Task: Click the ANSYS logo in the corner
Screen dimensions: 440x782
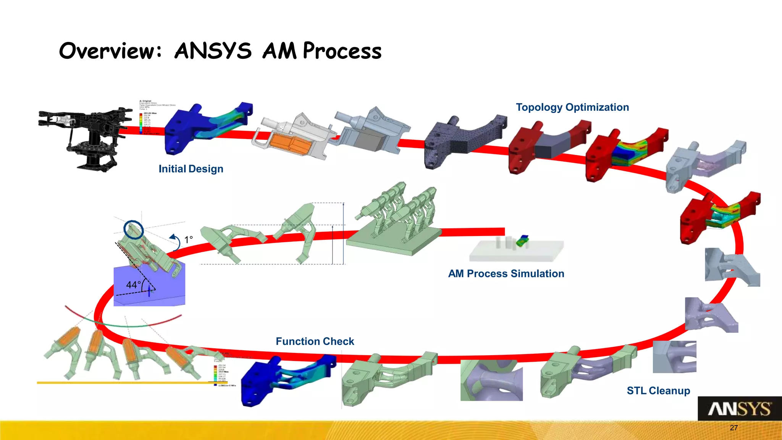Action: click(739, 409)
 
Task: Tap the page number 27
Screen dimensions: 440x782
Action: click(734, 428)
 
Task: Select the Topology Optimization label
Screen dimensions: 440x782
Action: click(572, 107)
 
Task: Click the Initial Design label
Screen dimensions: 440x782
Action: click(191, 169)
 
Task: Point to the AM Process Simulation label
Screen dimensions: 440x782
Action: click(506, 274)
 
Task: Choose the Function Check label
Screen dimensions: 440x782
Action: click(315, 341)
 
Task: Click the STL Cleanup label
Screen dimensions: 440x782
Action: click(658, 391)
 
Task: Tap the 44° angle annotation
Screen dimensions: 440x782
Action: click(133, 285)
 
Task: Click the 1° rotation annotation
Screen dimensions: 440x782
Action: click(189, 240)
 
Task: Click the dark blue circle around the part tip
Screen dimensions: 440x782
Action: click(134, 230)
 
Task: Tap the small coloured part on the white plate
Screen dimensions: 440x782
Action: click(522, 241)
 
